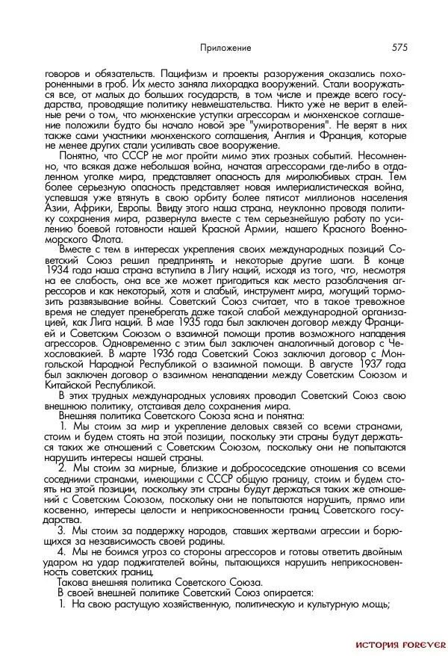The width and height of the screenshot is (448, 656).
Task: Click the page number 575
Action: point(397,47)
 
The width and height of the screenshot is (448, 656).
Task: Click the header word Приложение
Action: point(225,48)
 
